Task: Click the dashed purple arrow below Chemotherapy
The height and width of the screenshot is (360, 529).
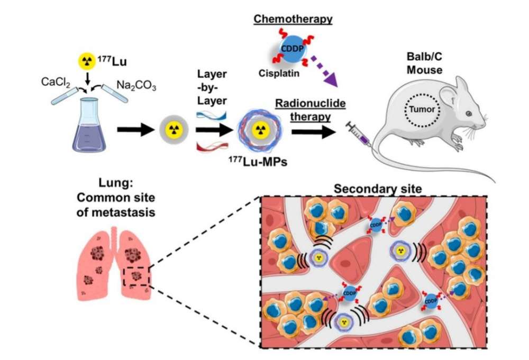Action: point(326,70)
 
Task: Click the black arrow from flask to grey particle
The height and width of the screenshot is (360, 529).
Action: point(134,130)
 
